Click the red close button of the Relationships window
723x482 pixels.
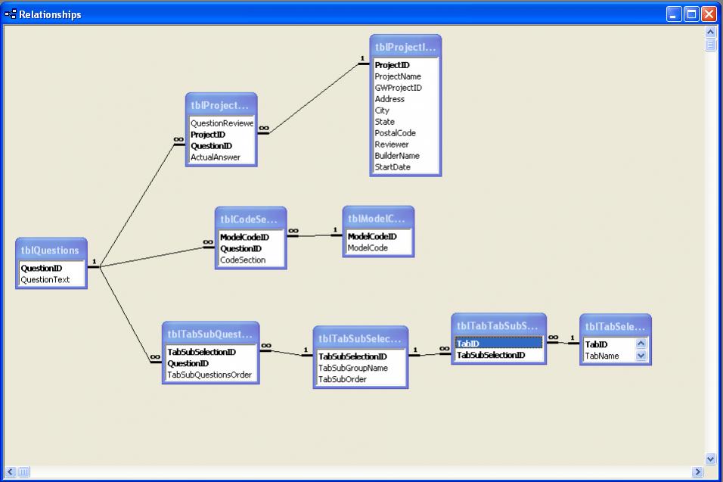click(709, 14)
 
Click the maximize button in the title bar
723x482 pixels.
click(691, 14)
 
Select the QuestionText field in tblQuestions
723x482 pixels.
click(45, 279)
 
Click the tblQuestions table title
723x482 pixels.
click(50, 250)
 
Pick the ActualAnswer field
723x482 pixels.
click(216, 157)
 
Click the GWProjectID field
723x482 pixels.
click(399, 88)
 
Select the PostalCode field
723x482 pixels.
click(396, 133)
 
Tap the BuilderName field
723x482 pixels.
click(397, 156)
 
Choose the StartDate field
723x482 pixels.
click(393, 167)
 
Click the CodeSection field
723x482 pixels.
click(243, 260)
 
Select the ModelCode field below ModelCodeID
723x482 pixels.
click(368, 248)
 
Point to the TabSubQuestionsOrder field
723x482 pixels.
click(209, 375)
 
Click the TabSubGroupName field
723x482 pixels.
click(353, 368)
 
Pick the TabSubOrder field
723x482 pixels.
click(343, 379)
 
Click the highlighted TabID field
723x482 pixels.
click(498, 344)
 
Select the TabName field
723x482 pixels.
click(602, 356)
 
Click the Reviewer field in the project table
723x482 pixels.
click(392, 145)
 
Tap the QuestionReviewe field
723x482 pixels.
click(222, 123)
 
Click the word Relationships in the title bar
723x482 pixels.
click(50, 14)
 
